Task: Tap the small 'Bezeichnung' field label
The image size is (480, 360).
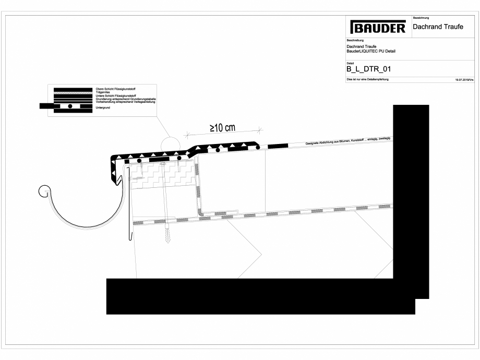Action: click(x=421, y=18)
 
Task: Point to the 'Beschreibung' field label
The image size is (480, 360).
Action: click(x=355, y=40)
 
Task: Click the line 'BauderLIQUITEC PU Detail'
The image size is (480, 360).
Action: click(x=370, y=51)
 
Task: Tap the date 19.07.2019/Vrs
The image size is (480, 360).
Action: click(x=464, y=79)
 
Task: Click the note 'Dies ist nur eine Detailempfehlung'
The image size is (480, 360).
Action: click(x=368, y=79)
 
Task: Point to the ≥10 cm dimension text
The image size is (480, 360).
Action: click(x=223, y=128)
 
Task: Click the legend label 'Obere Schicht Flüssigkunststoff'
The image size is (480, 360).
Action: click(x=120, y=89)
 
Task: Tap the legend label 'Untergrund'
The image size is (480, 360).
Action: click(x=103, y=107)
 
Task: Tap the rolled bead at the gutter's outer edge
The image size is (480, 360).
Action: click(x=45, y=191)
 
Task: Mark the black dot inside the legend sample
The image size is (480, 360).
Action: click(x=69, y=106)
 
